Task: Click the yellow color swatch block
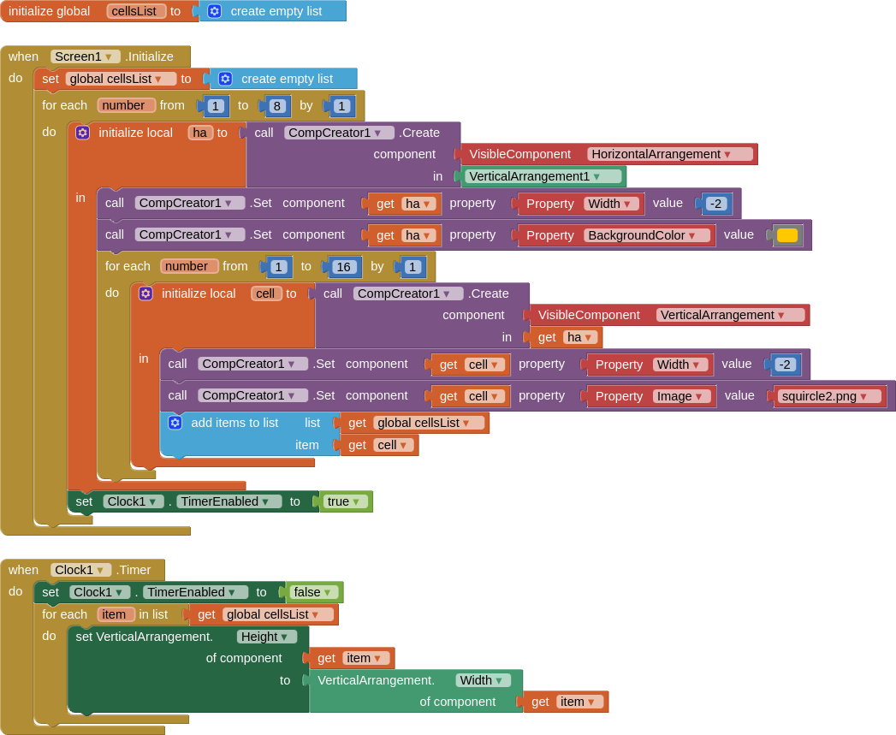pyautogui.click(x=787, y=235)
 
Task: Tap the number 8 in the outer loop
pyautogui.click(x=277, y=106)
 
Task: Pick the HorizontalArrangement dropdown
pyautogui.click(x=671, y=154)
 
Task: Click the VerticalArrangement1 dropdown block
pyautogui.click(x=543, y=176)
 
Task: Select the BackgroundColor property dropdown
pyautogui.click(x=646, y=235)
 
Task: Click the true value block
pyautogui.click(x=345, y=501)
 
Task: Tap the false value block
pyautogui.click(x=313, y=592)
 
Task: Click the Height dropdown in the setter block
pyautogui.click(x=267, y=637)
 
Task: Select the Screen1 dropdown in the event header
pyautogui.click(x=85, y=56)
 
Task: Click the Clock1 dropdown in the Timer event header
pyautogui.click(x=80, y=570)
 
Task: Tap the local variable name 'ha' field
pyautogui.click(x=200, y=133)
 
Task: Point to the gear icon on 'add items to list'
pyautogui.click(x=175, y=423)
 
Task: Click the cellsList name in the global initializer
pyautogui.click(x=136, y=11)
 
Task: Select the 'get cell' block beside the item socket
pyautogui.click(x=379, y=445)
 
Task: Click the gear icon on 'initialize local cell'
pyautogui.click(x=145, y=293)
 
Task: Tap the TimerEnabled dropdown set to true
pyautogui.click(x=228, y=501)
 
